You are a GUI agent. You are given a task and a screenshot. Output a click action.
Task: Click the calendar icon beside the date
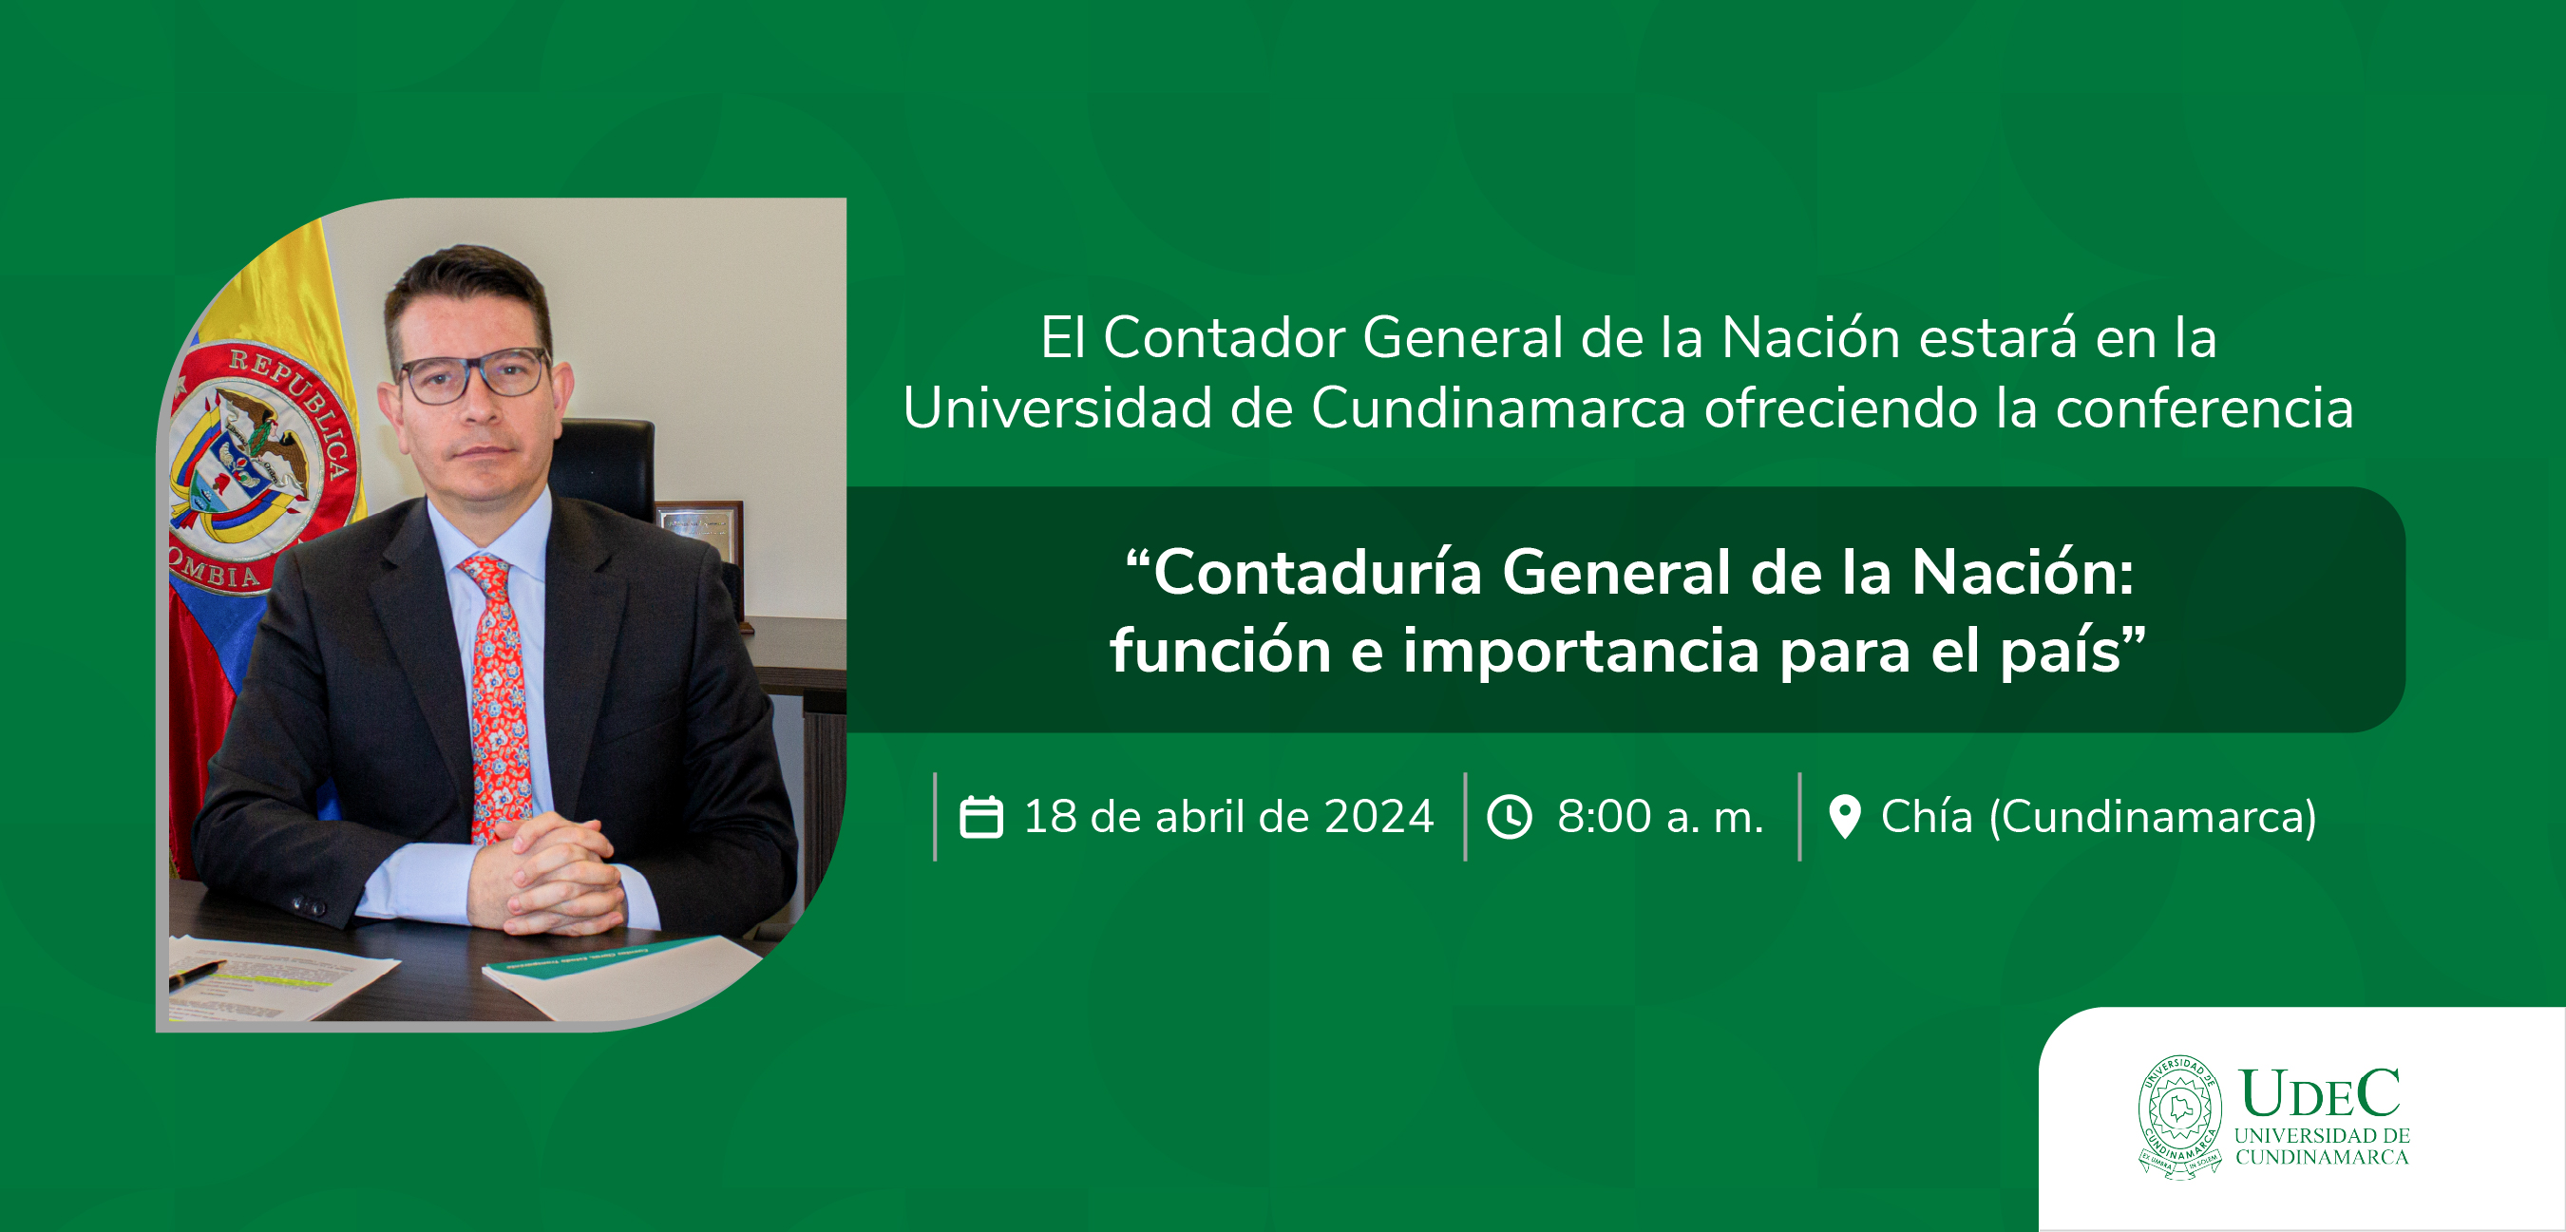coord(980,817)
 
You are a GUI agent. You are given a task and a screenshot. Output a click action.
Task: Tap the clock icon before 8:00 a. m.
coord(1511,817)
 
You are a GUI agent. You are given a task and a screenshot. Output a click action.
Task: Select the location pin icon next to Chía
coord(1845,817)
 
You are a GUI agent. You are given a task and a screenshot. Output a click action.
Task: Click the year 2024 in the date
coord(1378,817)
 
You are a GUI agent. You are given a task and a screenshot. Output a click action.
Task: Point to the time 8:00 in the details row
coord(1604,817)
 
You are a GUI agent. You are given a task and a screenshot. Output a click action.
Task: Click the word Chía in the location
coord(1927,816)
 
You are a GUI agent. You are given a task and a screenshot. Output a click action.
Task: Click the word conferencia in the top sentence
coord(2204,408)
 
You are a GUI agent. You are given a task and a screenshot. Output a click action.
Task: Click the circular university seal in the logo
coord(2179,1116)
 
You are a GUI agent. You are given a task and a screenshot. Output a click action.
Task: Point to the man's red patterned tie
coord(495,696)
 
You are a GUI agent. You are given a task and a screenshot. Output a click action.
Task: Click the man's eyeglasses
coord(473,376)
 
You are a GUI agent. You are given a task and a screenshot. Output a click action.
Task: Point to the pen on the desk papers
coord(197,973)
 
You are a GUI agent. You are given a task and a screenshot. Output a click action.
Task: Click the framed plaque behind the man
coord(701,542)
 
